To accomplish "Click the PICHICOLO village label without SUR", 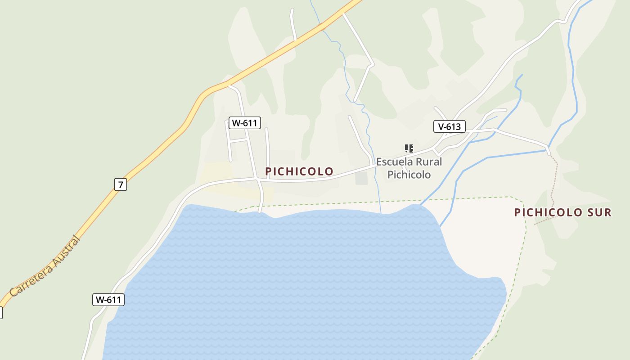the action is (x=299, y=171).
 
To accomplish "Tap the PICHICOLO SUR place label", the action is (x=563, y=212).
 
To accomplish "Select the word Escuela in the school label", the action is (x=393, y=162).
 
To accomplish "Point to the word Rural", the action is (x=427, y=162).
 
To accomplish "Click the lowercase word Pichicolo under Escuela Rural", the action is (x=409, y=175).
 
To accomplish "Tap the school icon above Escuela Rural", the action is (x=409, y=148).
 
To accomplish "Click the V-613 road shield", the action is (x=450, y=126).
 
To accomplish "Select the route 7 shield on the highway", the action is (x=120, y=184).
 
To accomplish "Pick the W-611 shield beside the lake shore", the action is (x=108, y=300).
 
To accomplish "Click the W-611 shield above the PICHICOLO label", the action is (x=245, y=122).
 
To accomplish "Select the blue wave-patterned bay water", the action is (x=292, y=279).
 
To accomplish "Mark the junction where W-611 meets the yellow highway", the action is (x=229, y=85).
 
